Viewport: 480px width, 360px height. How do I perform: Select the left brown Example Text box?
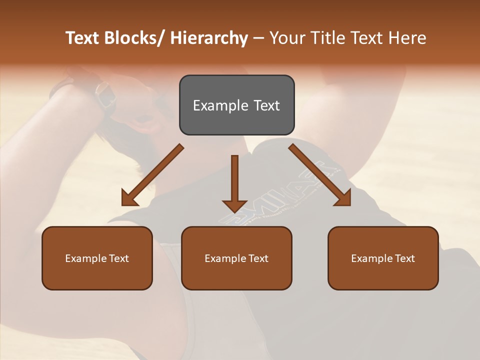click(x=97, y=258)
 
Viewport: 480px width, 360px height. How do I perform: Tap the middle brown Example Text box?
click(x=236, y=258)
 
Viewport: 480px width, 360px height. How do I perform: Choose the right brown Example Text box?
click(x=383, y=258)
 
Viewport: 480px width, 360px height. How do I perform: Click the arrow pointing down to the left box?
click(x=153, y=175)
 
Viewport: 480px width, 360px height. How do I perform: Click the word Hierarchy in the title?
click(x=209, y=38)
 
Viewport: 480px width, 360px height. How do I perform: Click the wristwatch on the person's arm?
click(x=104, y=95)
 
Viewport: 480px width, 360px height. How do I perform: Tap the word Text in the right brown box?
click(x=404, y=258)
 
